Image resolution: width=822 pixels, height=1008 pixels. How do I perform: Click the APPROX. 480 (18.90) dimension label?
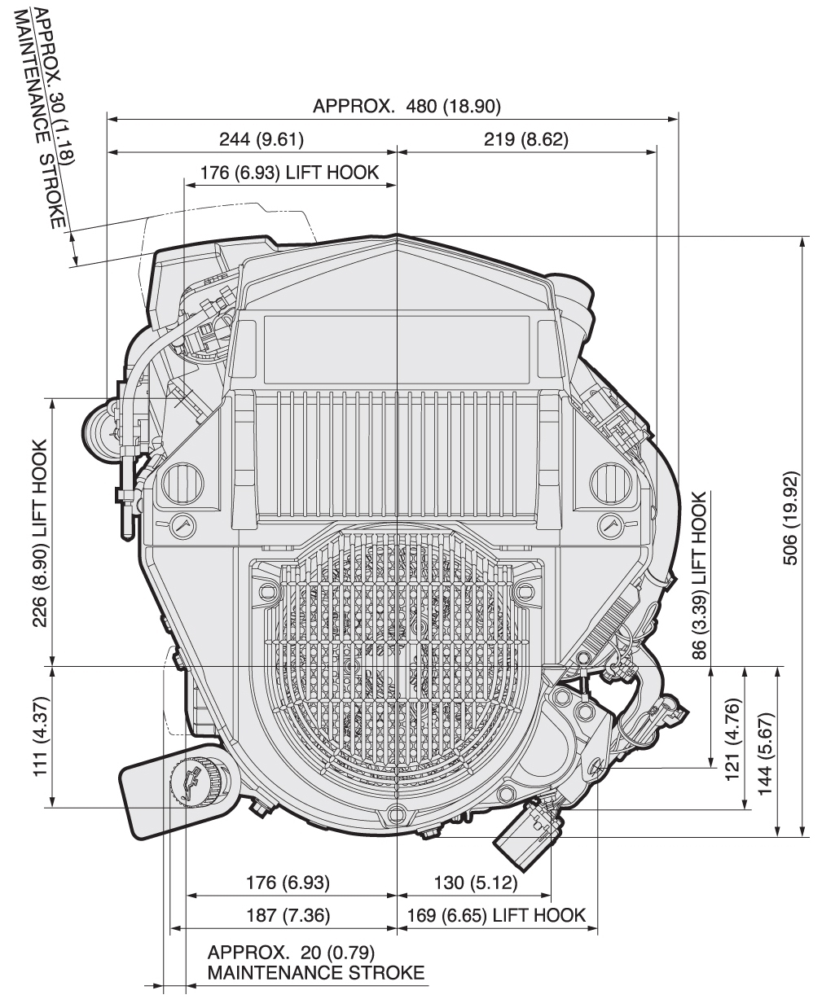(407, 107)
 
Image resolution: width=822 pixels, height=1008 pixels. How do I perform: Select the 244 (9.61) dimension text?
(262, 139)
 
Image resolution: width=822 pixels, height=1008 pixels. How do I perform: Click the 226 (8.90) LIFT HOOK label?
(38, 533)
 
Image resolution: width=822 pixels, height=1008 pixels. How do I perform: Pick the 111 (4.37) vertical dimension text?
(38, 737)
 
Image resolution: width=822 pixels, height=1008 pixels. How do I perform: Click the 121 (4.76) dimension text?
(732, 734)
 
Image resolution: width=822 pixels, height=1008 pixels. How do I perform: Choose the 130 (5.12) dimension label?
(473, 883)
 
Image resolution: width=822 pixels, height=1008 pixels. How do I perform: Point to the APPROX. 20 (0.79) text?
(291, 952)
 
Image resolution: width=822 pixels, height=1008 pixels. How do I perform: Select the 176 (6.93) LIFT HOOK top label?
(290, 172)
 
